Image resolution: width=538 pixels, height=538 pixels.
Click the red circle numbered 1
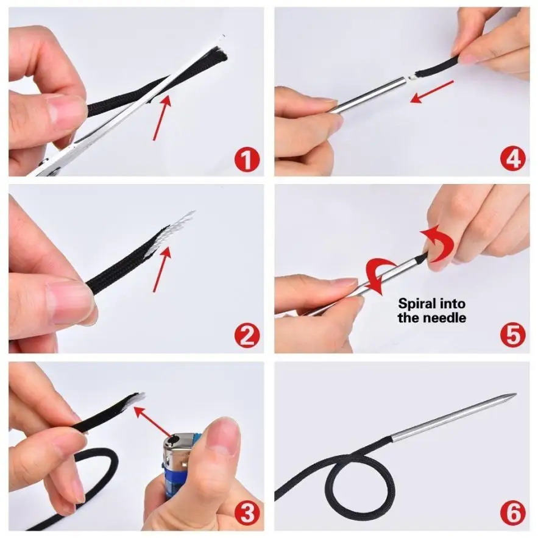pos(247,159)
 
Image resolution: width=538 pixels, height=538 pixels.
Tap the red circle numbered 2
pos(247,336)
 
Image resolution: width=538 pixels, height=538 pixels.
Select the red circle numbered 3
pos(247,514)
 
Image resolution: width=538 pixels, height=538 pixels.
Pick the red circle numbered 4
pos(513,159)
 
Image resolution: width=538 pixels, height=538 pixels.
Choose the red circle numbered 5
pos(513,336)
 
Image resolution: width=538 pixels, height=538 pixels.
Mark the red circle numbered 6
pos(513,514)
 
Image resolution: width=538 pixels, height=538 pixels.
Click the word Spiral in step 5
pos(414,305)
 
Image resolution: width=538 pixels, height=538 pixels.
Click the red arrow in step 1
pos(162,118)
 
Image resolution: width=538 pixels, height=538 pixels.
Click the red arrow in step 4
pos(432,91)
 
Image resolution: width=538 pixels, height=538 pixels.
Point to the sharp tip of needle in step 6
pos(515,394)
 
